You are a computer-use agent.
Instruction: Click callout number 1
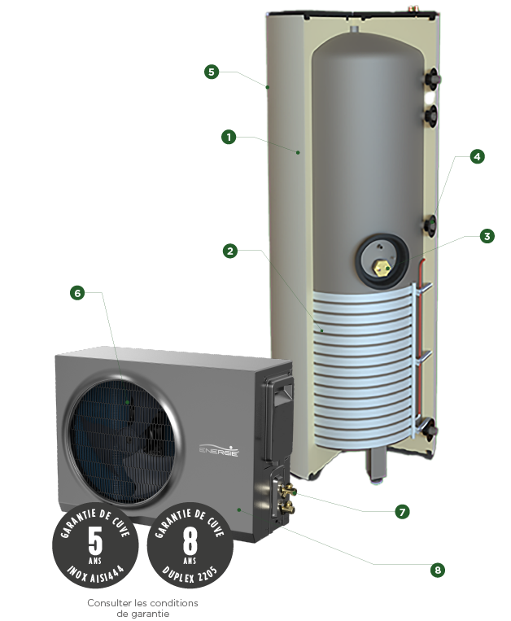tap(229, 138)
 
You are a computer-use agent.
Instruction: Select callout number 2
tap(231, 251)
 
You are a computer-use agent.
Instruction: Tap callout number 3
tap(487, 237)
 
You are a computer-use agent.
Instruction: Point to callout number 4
tap(478, 157)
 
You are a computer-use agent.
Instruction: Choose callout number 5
tap(211, 72)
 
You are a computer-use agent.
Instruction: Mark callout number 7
tap(401, 512)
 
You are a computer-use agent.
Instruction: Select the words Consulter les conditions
tap(142, 603)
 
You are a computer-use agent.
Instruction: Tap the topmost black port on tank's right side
tap(431, 78)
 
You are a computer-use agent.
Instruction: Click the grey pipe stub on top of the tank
tap(356, 31)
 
